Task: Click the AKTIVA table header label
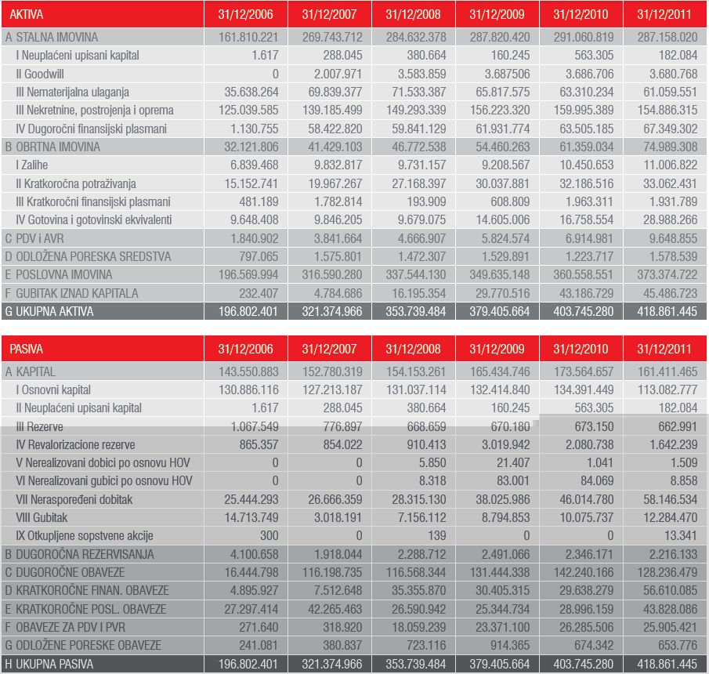click(x=26, y=14)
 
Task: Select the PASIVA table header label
click(x=26, y=350)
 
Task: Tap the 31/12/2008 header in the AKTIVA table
click(x=413, y=14)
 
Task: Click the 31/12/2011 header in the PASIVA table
click(x=664, y=350)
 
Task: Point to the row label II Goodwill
click(x=40, y=74)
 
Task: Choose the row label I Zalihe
click(x=31, y=165)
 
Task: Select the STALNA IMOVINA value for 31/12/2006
click(x=248, y=37)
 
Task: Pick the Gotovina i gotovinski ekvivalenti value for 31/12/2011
click(x=670, y=220)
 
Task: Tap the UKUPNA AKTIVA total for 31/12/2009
click(x=500, y=312)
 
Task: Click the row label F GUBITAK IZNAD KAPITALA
click(x=71, y=294)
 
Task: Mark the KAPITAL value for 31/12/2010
click(x=584, y=371)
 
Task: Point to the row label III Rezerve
click(x=39, y=426)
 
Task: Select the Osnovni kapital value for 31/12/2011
click(x=667, y=390)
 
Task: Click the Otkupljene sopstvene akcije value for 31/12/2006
click(x=269, y=536)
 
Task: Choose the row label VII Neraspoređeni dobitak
click(x=74, y=500)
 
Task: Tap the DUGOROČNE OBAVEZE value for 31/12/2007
click(x=332, y=573)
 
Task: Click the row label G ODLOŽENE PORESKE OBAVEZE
click(x=83, y=646)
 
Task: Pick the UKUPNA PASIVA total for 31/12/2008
click(x=416, y=664)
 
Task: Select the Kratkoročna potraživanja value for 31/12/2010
click(x=587, y=183)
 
